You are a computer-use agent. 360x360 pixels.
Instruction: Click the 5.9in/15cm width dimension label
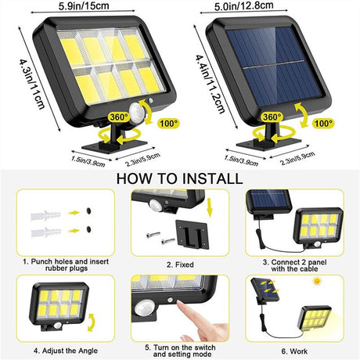pos(84,5)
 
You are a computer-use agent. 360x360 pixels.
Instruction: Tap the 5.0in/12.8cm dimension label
pos(244,6)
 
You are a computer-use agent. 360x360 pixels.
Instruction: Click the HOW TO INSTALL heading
pos(179,178)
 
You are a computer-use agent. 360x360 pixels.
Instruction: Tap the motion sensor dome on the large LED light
pos(138,111)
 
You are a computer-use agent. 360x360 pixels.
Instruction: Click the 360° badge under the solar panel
pos(272,117)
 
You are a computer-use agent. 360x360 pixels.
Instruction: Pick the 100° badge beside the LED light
pos(169,123)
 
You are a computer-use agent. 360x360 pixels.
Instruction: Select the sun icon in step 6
pos(317,281)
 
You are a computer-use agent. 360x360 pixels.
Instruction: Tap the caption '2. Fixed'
pos(180,265)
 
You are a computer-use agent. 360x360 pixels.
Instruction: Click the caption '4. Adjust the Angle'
pos(66,351)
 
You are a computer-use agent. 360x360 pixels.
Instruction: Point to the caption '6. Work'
pos(294,351)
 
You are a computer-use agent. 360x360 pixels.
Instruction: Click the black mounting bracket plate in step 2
pos(193,234)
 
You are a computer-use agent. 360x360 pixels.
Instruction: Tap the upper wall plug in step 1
pos(46,215)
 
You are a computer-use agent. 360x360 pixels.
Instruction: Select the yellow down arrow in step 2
pos(210,207)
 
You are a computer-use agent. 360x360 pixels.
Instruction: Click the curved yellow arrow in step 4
pos(91,322)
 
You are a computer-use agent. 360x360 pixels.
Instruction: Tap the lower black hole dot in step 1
pos(89,229)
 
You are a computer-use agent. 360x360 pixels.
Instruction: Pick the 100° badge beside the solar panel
pos(323,123)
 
